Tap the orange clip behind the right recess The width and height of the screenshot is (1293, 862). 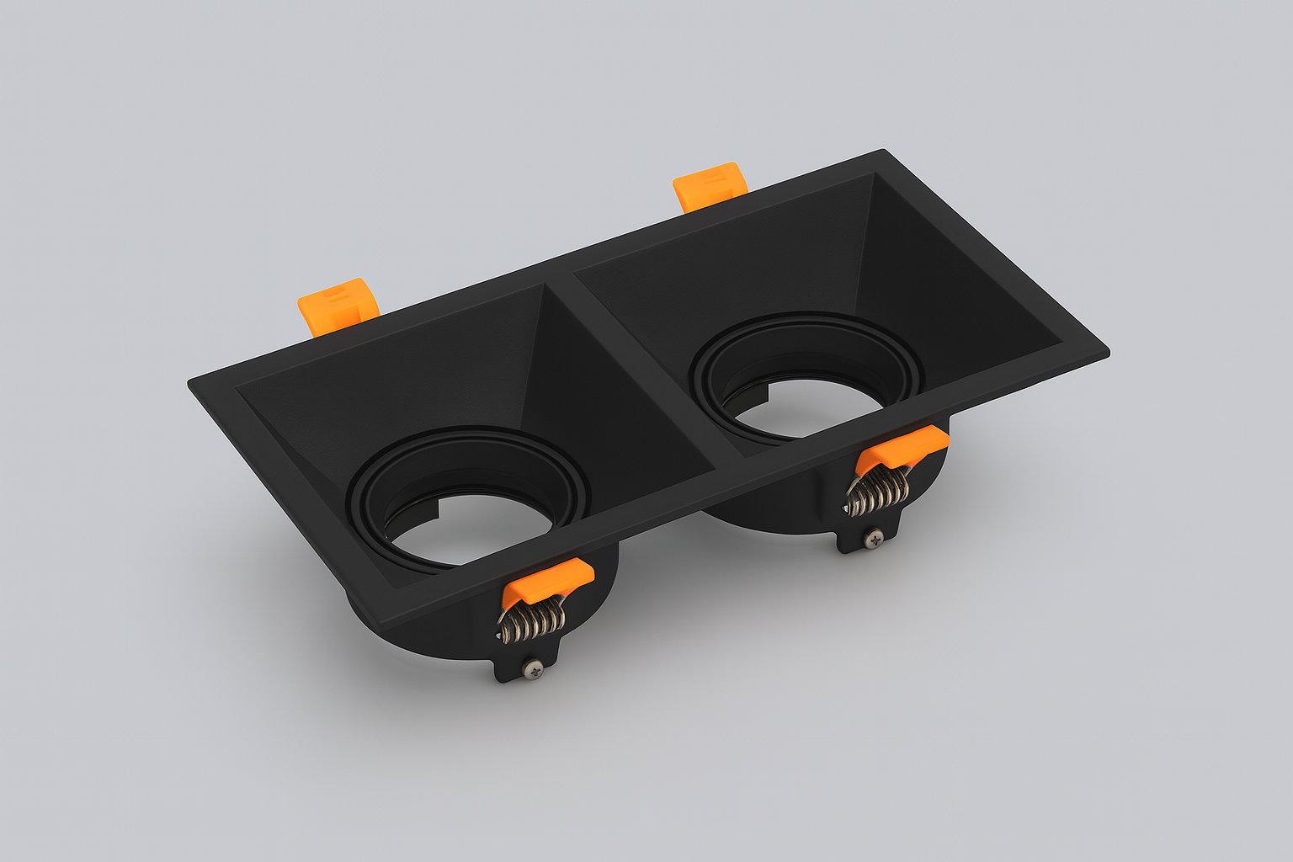tap(710, 186)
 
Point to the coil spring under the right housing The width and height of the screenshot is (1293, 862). tap(878, 492)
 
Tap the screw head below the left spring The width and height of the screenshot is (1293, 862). tap(533, 668)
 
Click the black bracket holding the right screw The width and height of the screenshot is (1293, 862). tap(859, 539)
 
